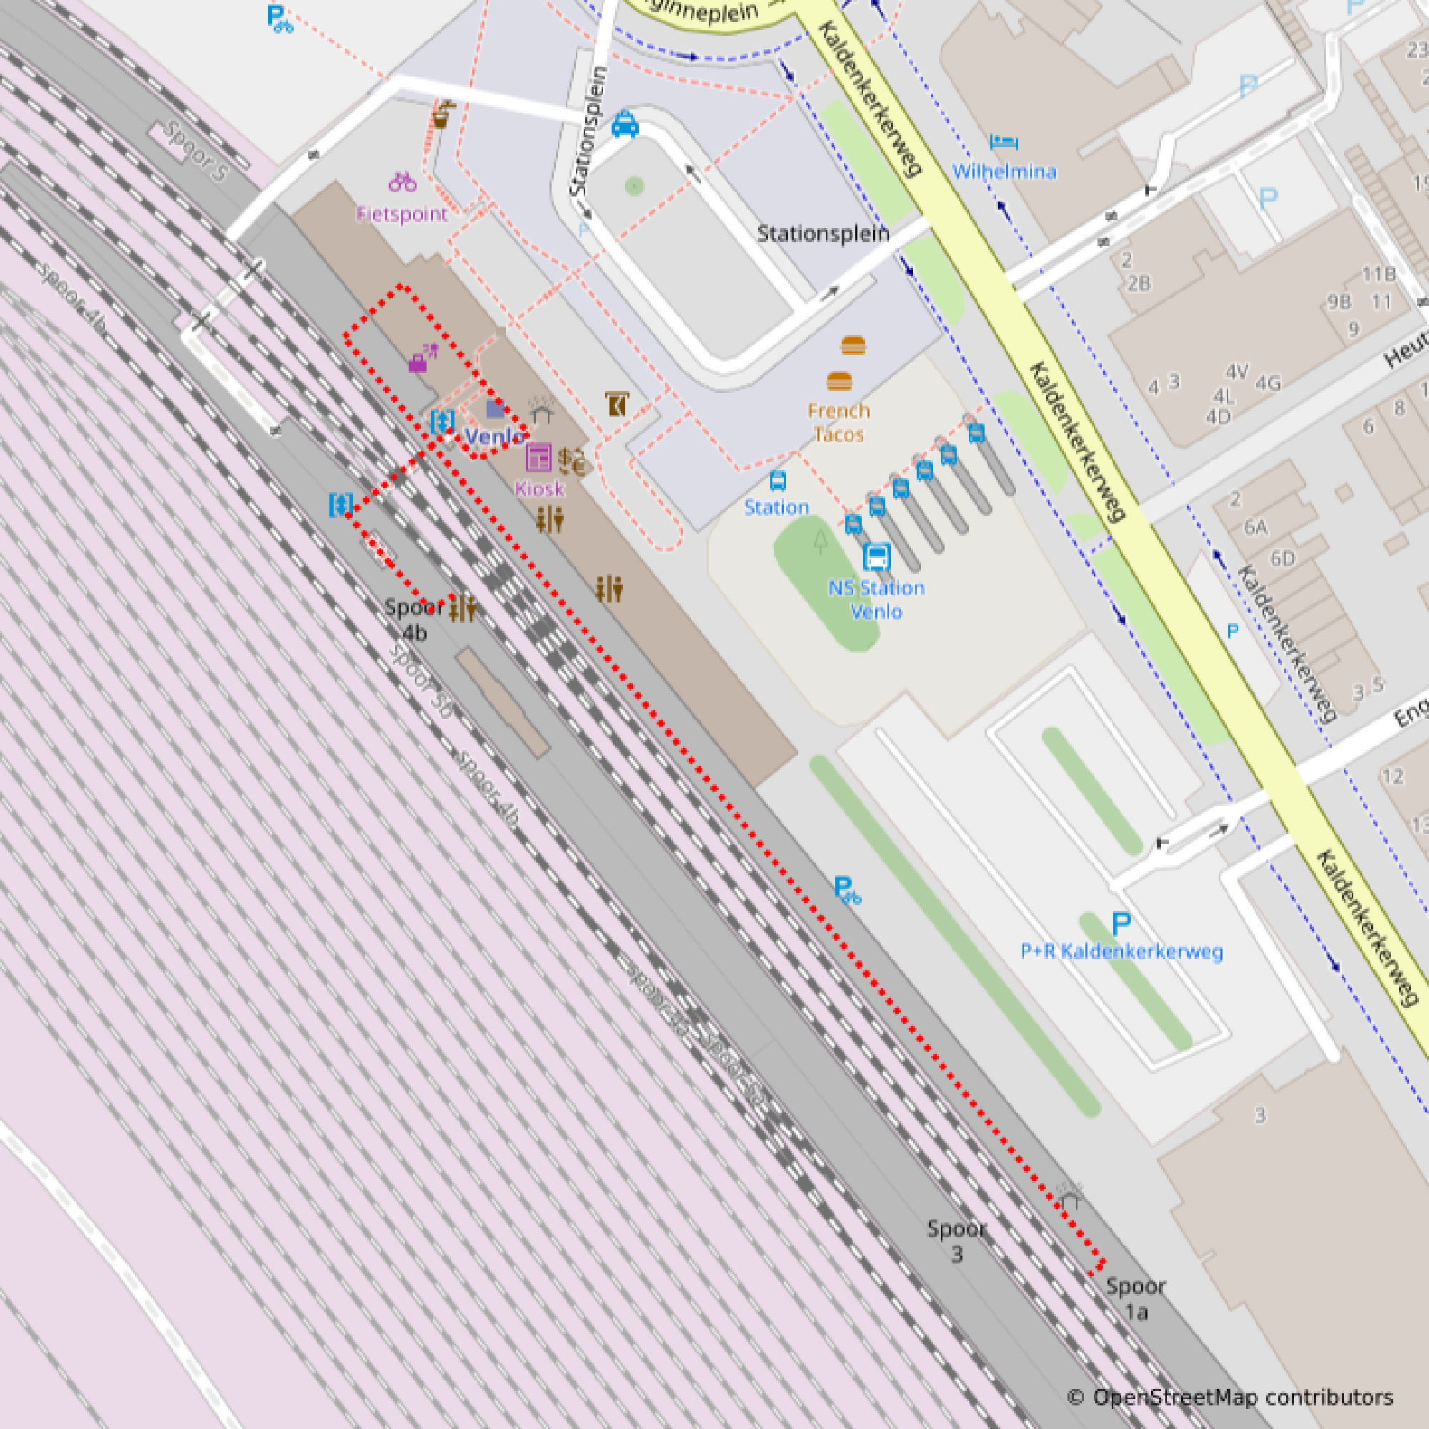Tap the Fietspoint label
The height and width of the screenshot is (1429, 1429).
click(402, 214)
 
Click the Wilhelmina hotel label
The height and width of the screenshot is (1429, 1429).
click(1004, 171)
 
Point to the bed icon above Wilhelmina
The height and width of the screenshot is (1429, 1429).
click(1004, 141)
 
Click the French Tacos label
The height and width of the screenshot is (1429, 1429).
click(839, 422)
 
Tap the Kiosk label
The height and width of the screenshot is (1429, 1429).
click(539, 488)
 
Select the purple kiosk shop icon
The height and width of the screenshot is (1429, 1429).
click(539, 458)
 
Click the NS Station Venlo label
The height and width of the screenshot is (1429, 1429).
click(877, 600)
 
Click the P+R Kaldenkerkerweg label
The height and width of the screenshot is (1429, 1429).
click(1121, 951)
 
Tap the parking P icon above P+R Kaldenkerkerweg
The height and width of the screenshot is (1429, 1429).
click(1121, 922)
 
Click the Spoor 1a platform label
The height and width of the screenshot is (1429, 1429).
click(1136, 1299)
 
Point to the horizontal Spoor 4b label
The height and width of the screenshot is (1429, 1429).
click(414, 619)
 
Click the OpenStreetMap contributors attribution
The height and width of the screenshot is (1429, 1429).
click(1231, 1397)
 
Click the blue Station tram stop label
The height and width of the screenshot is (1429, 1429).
click(776, 507)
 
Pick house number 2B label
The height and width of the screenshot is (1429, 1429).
click(1139, 283)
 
